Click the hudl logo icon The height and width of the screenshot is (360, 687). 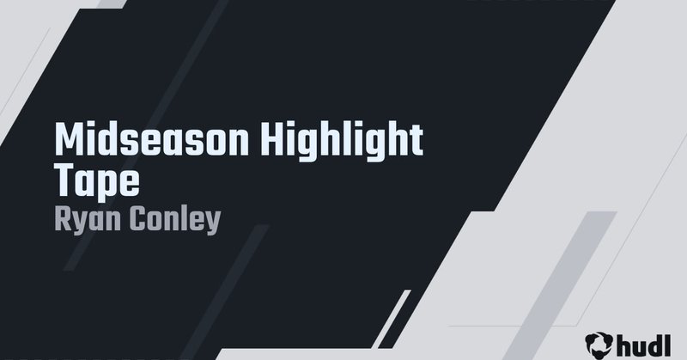click(598, 343)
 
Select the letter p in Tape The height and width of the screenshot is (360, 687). click(109, 183)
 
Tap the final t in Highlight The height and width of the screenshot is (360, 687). click(416, 140)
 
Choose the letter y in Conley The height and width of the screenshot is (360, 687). click(214, 222)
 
